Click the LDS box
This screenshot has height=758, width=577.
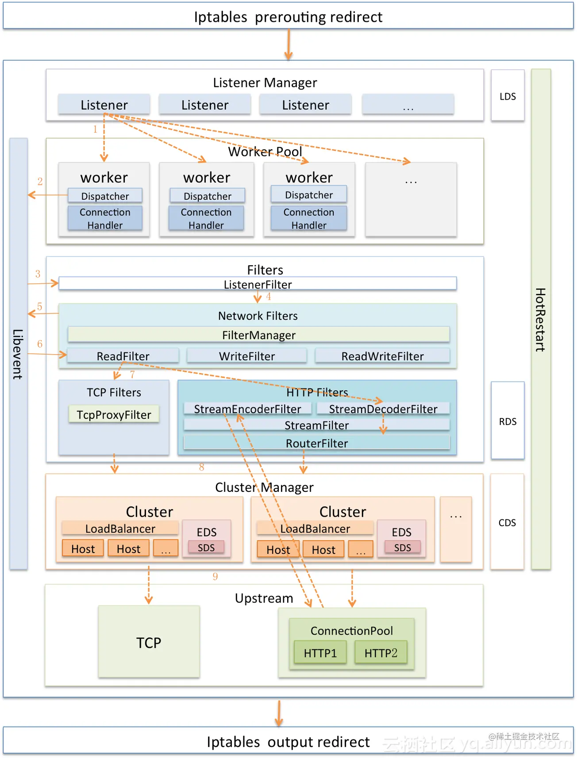tap(508, 96)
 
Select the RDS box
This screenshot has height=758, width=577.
tap(508, 421)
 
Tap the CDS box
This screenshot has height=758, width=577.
tap(507, 522)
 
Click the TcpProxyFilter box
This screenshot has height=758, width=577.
tap(114, 414)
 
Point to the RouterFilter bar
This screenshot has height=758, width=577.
tap(317, 443)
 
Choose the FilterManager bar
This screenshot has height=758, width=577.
tap(259, 335)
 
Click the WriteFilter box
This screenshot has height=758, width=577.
tap(247, 356)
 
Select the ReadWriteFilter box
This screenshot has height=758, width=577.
tap(382, 356)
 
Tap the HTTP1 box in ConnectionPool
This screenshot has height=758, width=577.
tap(320, 653)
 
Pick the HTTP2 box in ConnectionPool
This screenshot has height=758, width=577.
tap(381, 653)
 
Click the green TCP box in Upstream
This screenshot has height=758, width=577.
tap(149, 642)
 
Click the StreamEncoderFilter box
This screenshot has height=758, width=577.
tap(247, 409)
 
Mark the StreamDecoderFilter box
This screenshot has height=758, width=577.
tap(383, 409)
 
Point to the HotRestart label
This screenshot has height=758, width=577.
tap(541, 319)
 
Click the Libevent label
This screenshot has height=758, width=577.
tap(18, 354)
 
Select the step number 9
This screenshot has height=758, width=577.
tap(215, 576)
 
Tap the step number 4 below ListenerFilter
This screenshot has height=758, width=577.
tap(269, 297)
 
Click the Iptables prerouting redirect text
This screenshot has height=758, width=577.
tap(288, 17)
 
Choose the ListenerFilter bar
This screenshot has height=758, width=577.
tap(258, 284)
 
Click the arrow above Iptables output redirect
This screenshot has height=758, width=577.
tap(279, 713)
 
